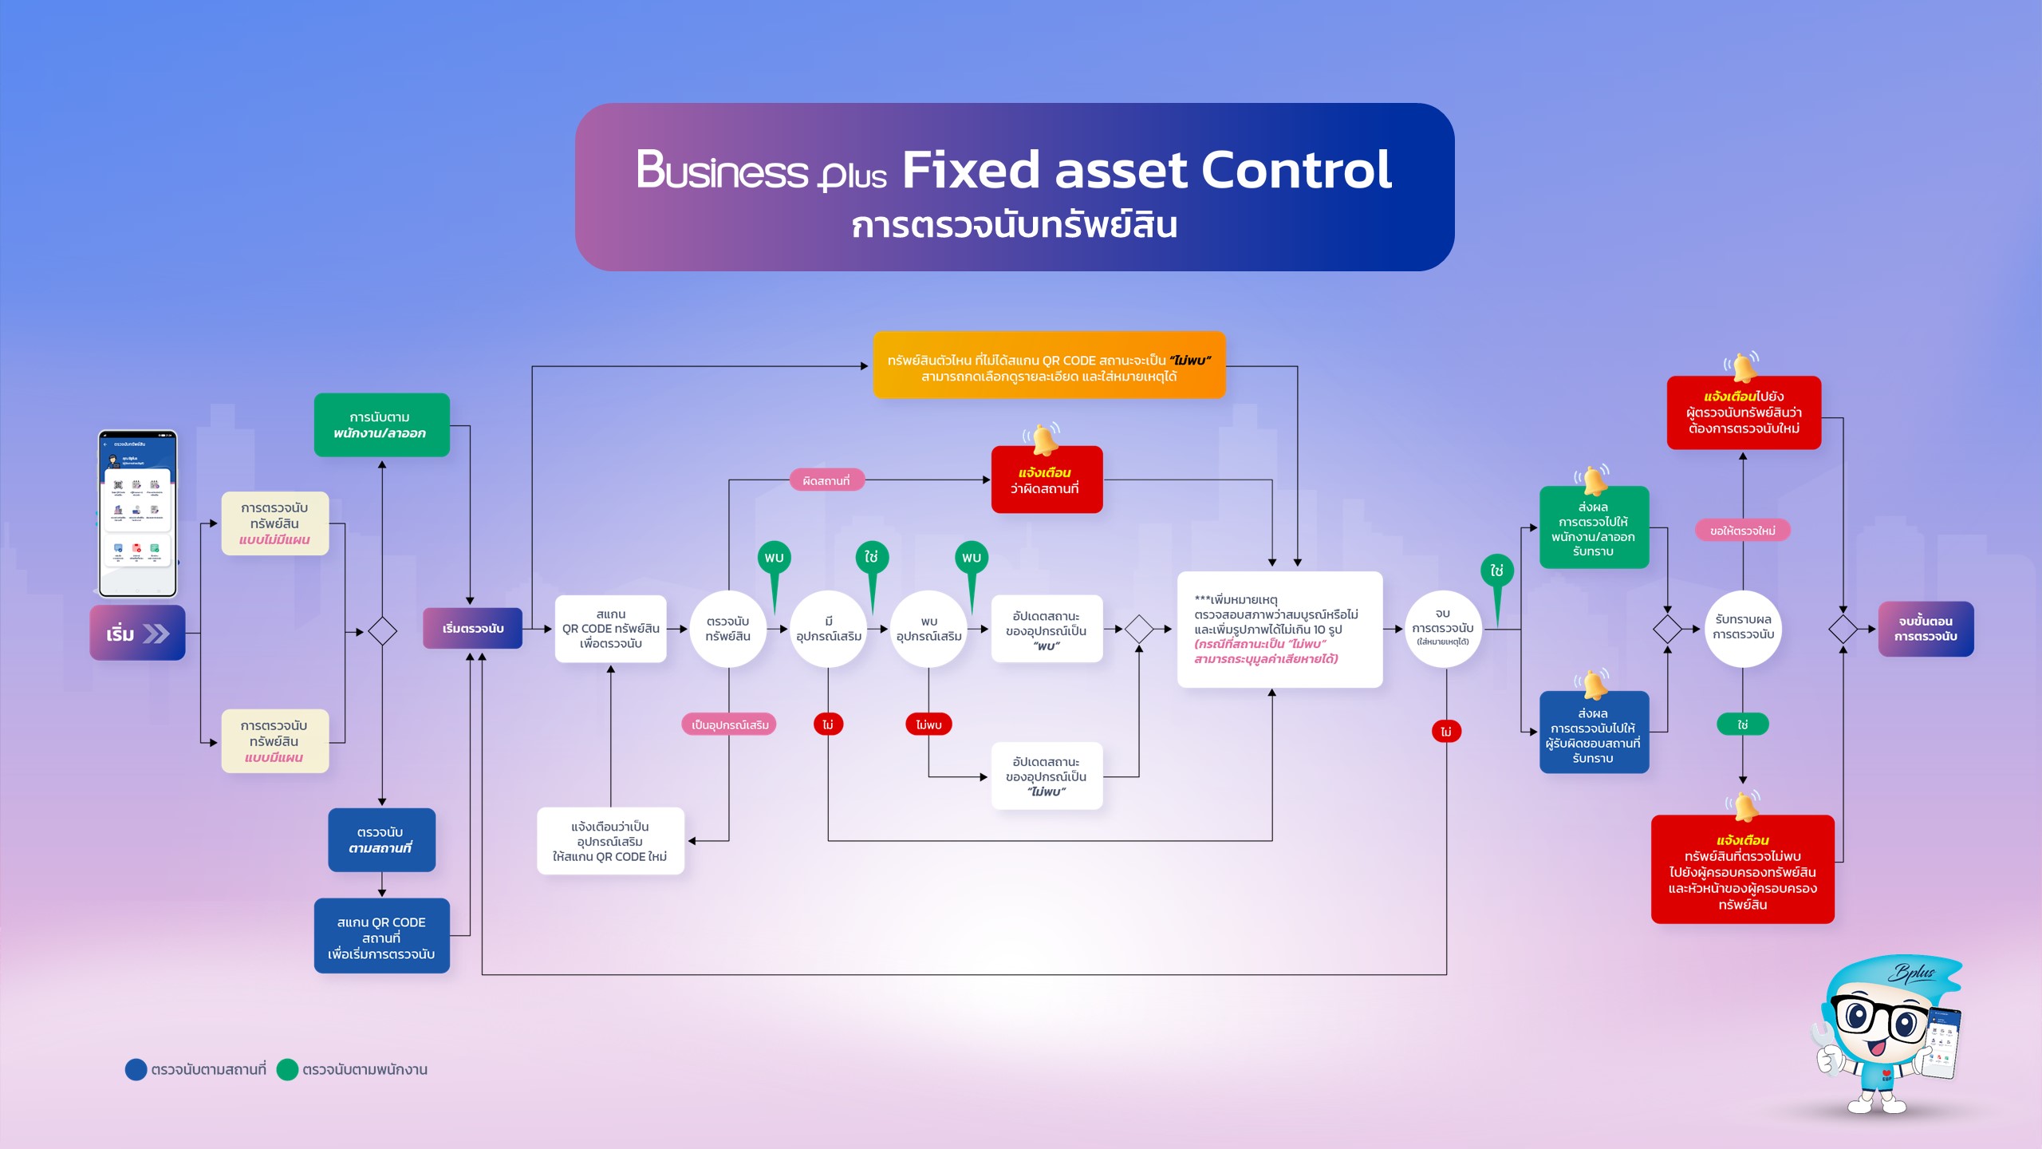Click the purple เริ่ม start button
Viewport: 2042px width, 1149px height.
[137, 633]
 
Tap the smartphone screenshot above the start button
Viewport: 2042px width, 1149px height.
[137, 513]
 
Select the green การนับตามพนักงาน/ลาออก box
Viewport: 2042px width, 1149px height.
[381, 425]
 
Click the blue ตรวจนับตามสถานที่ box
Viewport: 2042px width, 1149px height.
[381, 839]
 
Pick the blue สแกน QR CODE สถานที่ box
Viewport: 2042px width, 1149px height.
[381, 937]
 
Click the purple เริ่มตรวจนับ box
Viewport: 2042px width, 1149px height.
[472, 629]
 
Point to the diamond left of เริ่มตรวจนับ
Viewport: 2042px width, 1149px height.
[382, 631]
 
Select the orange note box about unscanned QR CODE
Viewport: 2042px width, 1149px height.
[1049, 367]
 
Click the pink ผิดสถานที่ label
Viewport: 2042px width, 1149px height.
[826, 480]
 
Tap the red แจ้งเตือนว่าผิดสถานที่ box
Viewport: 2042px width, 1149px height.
[1046, 480]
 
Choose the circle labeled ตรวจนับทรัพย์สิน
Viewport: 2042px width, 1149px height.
[727, 629]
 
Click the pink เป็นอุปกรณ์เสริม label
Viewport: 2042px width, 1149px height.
[729, 725]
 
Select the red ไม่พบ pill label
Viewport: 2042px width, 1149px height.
[928, 725]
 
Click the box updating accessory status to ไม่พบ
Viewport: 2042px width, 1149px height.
[1047, 776]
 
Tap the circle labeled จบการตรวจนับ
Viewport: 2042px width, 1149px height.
[1442, 629]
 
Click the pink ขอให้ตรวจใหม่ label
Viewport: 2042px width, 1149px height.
[1742, 531]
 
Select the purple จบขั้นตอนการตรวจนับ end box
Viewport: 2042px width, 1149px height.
[1926, 629]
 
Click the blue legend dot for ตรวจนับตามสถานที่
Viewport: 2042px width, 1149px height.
[136, 1069]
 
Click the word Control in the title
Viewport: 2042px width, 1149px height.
[1295, 170]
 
